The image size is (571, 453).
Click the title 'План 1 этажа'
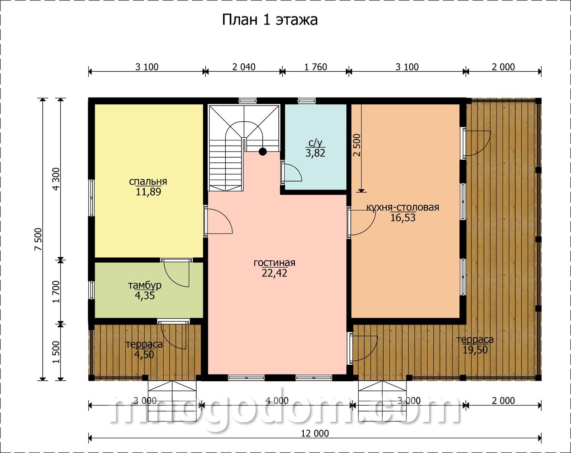pyautogui.click(x=269, y=20)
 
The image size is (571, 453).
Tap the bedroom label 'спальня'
pyautogui.click(x=148, y=181)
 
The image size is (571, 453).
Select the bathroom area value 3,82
pyautogui.click(x=315, y=153)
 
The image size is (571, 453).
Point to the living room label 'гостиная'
pyautogui.click(x=274, y=263)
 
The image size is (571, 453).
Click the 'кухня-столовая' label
pyautogui.click(x=402, y=207)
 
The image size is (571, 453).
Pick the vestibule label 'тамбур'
pyautogui.click(x=145, y=286)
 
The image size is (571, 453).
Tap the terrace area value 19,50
pyautogui.click(x=475, y=350)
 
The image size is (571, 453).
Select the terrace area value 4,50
pyautogui.click(x=144, y=354)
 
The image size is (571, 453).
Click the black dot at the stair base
pyautogui.click(x=263, y=152)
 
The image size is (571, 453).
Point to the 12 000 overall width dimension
pyautogui.click(x=315, y=433)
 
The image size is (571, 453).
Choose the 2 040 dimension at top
pyautogui.click(x=244, y=67)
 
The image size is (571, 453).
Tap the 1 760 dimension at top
pyautogui.click(x=315, y=67)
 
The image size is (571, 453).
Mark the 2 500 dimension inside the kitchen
pyautogui.click(x=357, y=145)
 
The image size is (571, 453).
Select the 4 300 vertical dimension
pyautogui.click(x=57, y=179)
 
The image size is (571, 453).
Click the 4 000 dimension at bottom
pyautogui.click(x=277, y=401)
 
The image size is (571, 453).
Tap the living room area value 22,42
pyautogui.click(x=274, y=273)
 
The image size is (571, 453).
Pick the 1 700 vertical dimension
pyautogui.click(x=57, y=292)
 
